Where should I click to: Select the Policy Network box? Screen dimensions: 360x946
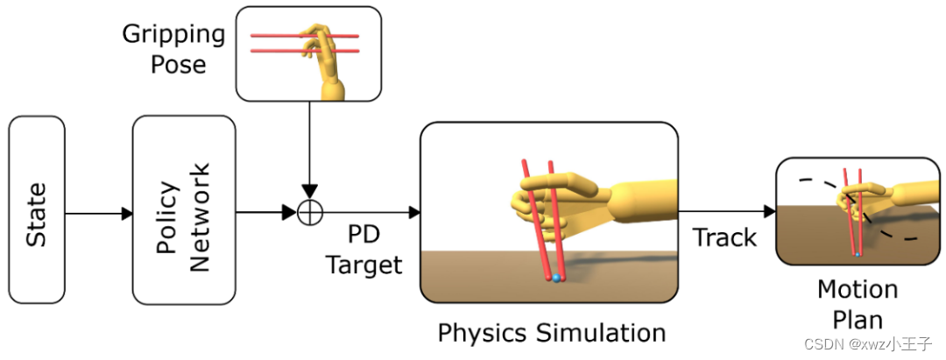(x=184, y=210)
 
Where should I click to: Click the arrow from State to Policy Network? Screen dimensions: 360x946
(x=98, y=213)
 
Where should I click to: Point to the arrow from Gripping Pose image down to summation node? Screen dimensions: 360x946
(x=309, y=149)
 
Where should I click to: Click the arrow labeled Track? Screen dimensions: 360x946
(x=726, y=211)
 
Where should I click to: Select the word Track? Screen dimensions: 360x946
(x=724, y=237)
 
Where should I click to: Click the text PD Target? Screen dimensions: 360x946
(x=364, y=251)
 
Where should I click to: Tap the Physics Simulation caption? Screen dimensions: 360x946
(x=551, y=333)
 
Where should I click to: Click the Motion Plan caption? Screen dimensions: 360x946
(x=857, y=303)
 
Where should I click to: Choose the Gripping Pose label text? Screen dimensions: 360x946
(x=173, y=50)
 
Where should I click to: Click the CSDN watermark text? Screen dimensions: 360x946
(x=877, y=344)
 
